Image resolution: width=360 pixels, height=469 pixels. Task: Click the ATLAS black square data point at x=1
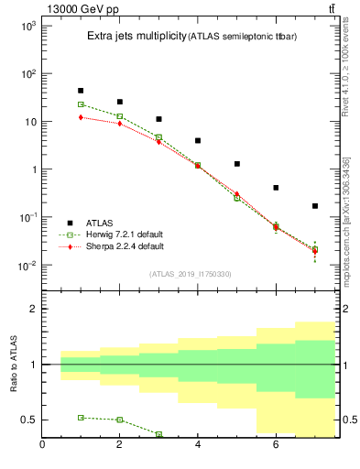coord(81,91)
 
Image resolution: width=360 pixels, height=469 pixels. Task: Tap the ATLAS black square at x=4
coord(198,141)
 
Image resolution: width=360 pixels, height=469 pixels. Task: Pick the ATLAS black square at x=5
coord(237,164)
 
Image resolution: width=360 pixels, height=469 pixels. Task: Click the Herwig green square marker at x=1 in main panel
coord(81,104)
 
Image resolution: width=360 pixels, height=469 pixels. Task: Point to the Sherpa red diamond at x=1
coord(81,117)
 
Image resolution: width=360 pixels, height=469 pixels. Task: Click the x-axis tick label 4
coord(198,446)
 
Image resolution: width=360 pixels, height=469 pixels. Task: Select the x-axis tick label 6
coord(276,446)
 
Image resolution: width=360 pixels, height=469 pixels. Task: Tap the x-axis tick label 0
coord(42,446)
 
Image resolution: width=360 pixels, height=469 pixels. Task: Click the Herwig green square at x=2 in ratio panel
coord(120,420)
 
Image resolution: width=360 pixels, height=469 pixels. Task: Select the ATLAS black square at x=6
coord(276,188)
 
